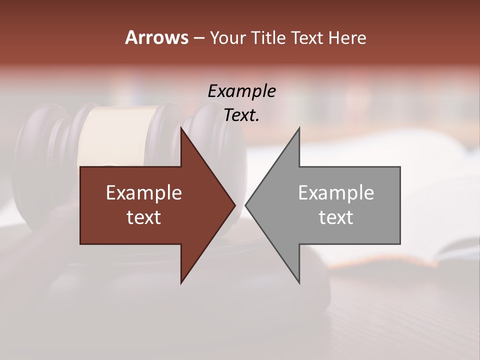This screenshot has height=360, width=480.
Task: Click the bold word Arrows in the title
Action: pos(156,37)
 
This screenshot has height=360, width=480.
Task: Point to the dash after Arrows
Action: pos(199,38)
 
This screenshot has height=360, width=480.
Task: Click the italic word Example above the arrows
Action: pos(241,91)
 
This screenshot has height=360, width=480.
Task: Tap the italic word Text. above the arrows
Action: pos(241,115)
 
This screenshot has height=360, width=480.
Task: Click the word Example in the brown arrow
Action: pos(143,192)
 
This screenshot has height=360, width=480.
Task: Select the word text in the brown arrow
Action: pos(143,217)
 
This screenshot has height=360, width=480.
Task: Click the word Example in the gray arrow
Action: pos(336,192)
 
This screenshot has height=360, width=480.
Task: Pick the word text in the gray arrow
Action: pos(336,217)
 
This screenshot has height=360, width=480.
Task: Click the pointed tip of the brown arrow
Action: pos(234,205)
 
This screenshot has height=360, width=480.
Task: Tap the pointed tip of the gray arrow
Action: pos(246,205)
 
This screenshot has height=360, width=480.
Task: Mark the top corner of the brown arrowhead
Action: pos(181,128)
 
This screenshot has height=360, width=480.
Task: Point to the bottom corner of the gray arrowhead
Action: pos(299,282)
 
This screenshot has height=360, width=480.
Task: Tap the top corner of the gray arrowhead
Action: pos(299,128)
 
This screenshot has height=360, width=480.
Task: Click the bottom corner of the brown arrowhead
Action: pos(181,282)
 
